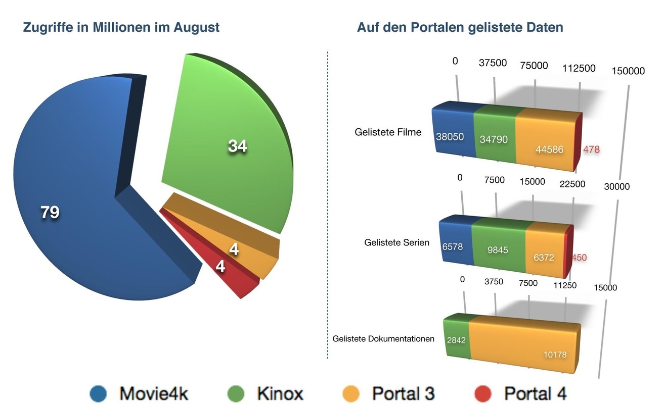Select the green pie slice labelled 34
point(233,146)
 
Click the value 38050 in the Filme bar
point(450,137)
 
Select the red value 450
point(579,258)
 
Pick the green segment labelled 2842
point(456,340)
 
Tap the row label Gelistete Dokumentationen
point(383,339)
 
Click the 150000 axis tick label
point(628,71)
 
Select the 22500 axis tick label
point(572,184)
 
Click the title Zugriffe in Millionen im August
point(121,27)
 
